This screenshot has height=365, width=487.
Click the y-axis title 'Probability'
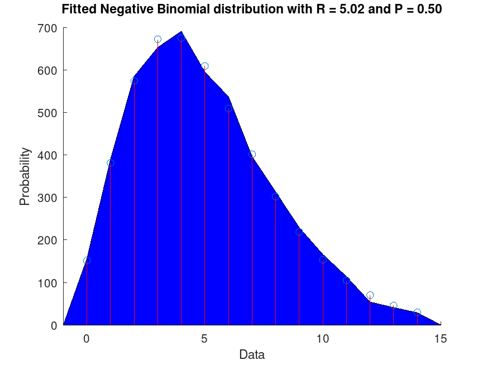[25, 176]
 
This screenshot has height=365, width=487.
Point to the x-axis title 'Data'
[252, 354]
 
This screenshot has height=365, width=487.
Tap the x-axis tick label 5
[205, 338]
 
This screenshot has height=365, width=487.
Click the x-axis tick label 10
[323, 338]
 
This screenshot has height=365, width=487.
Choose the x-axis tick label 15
[441, 338]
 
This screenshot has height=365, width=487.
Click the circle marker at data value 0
[87, 261]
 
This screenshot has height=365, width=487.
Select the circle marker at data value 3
[157, 40]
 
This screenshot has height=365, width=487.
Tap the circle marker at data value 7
[252, 154]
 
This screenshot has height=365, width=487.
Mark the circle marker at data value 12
[370, 295]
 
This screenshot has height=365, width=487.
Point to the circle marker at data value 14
[417, 312]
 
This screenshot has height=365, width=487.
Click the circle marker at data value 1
[111, 163]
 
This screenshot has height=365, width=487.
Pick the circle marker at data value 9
[299, 232]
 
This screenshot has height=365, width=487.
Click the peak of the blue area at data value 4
[182, 32]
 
